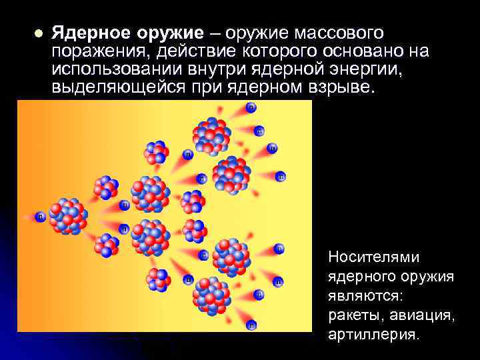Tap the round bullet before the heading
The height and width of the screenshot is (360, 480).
(x=39, y=34)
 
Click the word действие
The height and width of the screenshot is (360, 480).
(x=190, y=51)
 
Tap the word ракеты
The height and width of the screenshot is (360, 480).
(x=353, y=314)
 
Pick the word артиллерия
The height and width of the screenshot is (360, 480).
(x=374, y=333)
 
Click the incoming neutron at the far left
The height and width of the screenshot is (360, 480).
(x=41, y=216)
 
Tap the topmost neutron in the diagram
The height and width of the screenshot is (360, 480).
(x=251, y=107)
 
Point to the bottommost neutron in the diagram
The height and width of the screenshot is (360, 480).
(x=251, y=325)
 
